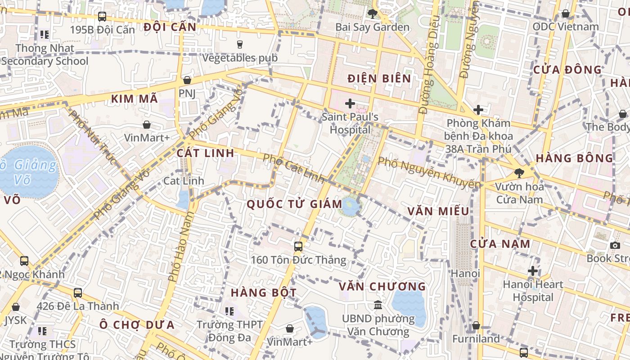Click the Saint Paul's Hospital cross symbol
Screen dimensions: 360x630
pyautogui.click(x=350, y=104)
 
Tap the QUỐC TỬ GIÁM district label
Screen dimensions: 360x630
pyautogui.click(x=294, y=204)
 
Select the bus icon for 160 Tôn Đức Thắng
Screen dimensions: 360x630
pyautogui.click(x=298, y=246)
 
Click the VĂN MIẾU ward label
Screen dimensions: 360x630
pyautogui.click(x=438, y=211)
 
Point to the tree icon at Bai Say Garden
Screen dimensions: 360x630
pyautogui.click(x=372, y=14)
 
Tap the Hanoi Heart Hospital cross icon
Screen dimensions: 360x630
pyautogui.click(x=533, y=271)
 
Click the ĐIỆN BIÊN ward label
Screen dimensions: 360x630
pyautogui.click(x=379, y=79)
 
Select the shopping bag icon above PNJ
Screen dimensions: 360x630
pyautogui.click(x=187, y=80)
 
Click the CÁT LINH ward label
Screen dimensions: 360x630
pyautogui.click(x=205, y=153)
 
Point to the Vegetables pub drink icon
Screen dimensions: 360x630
pyautogui.click(x=239, y=44)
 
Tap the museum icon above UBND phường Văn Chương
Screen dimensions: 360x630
pyautogui.click(x=378, y=305)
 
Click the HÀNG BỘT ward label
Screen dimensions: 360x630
pyautogui.click(x=264, y=292)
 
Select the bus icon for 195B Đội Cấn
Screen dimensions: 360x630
pyautogui.click(x=102, y=17)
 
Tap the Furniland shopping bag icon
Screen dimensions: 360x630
pyautogui.click(x=476, y=325)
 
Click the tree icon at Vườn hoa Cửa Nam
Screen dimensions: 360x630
pyautogui.click(x=519, y=173)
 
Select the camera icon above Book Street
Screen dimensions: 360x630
pyautogui.click(x=615, y=245)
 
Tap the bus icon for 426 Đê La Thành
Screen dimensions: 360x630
pyautogui.click(x=78, y=293)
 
